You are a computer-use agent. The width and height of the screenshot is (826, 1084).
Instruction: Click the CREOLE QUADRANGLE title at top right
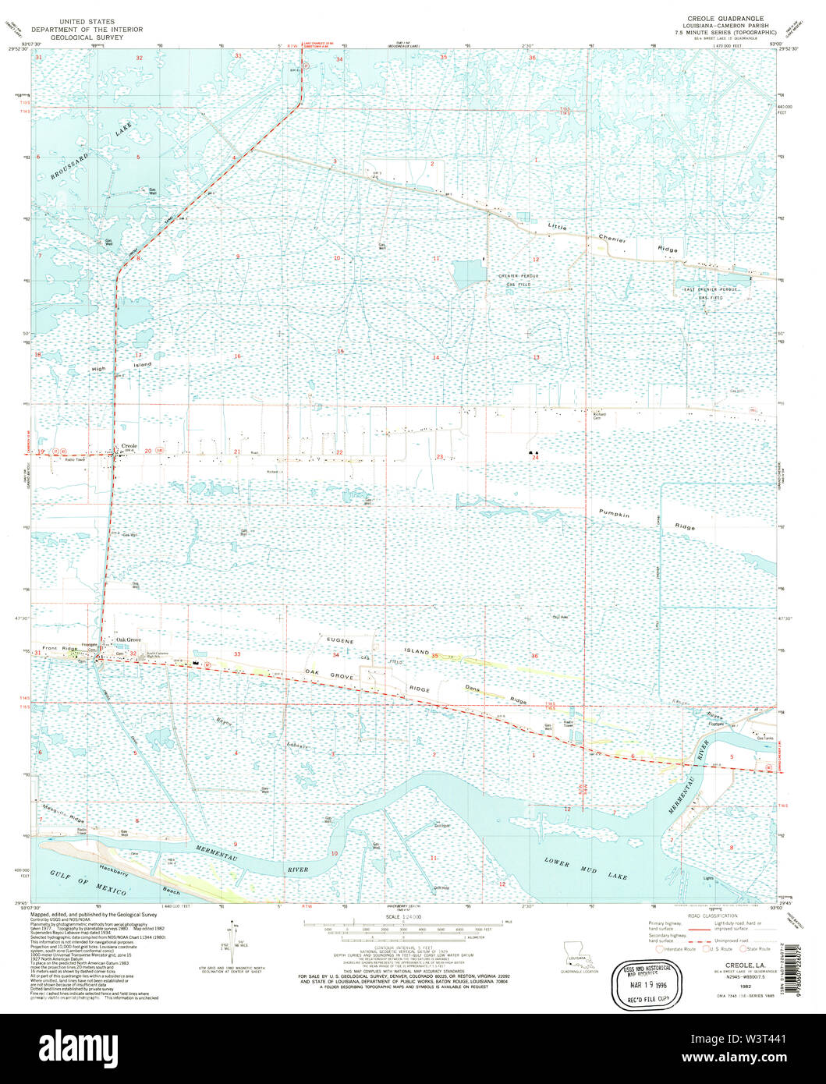[725, 17]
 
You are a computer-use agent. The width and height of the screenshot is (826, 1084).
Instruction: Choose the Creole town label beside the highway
[129, 447]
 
